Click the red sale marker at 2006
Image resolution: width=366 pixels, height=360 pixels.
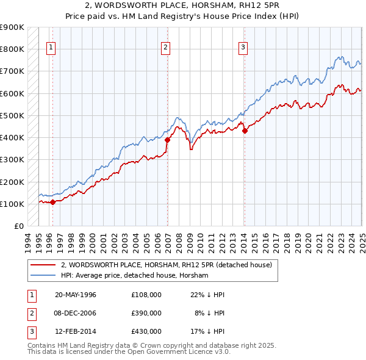tap(167, 140)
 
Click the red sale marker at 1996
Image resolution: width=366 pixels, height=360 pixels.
tap(52, 202)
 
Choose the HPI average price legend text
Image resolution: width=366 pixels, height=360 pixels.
tap(134, 276)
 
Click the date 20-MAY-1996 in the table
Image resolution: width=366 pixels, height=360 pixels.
tap(76, 295)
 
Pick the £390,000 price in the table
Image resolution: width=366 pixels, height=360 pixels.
tap(146, 313)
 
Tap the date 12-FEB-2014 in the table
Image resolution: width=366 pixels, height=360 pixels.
tap(76, 331)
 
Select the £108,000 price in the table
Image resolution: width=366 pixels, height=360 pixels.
tap(146, 295)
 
